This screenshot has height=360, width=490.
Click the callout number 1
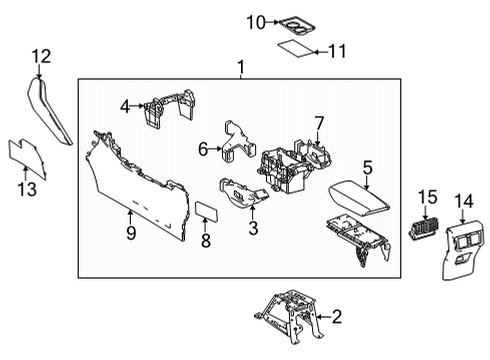point(240,67)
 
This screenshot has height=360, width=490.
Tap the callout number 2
point(337,319)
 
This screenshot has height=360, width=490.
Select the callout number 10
point(255,22)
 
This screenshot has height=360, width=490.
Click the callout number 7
point(320,123)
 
